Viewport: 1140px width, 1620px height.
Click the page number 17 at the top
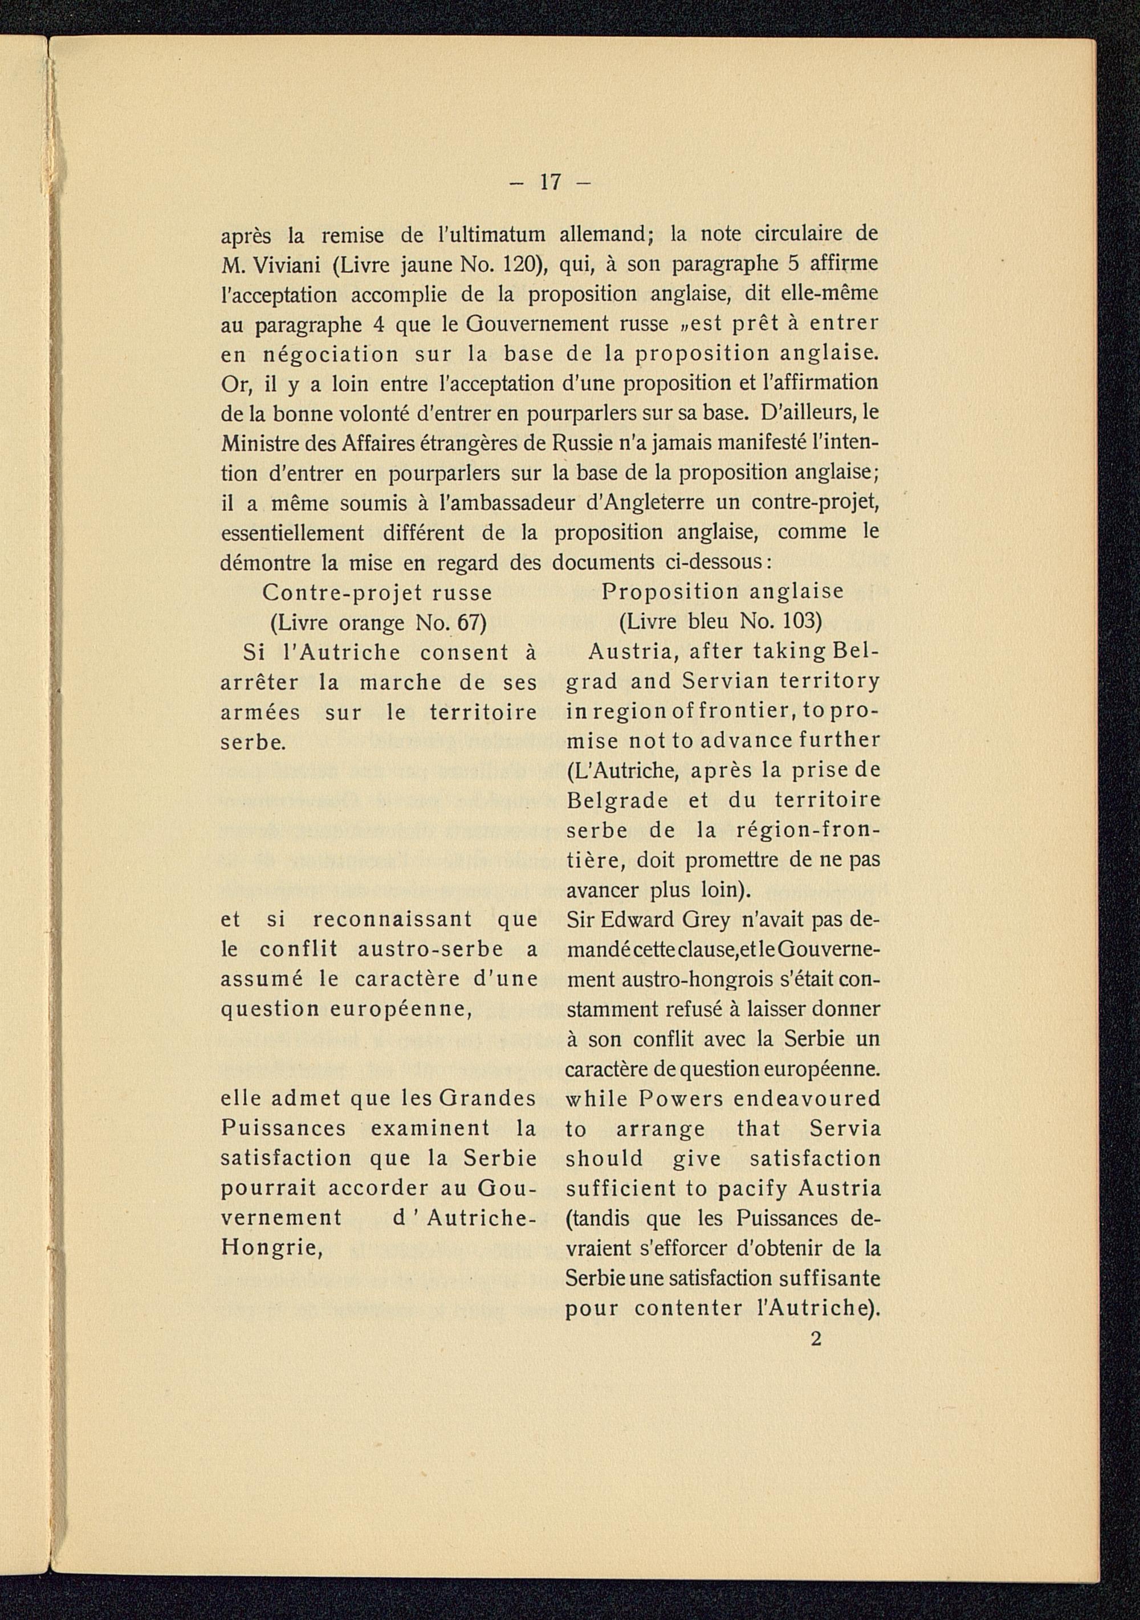click(x=550, y=183)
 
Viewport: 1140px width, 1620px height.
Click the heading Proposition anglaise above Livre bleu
click(x=722, y=592)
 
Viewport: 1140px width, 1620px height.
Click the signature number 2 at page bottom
click(x=816, y=1339)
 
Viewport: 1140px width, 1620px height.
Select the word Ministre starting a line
click(x=257, y=444)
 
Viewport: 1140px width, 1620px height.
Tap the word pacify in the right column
click(x=752, y=1189)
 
